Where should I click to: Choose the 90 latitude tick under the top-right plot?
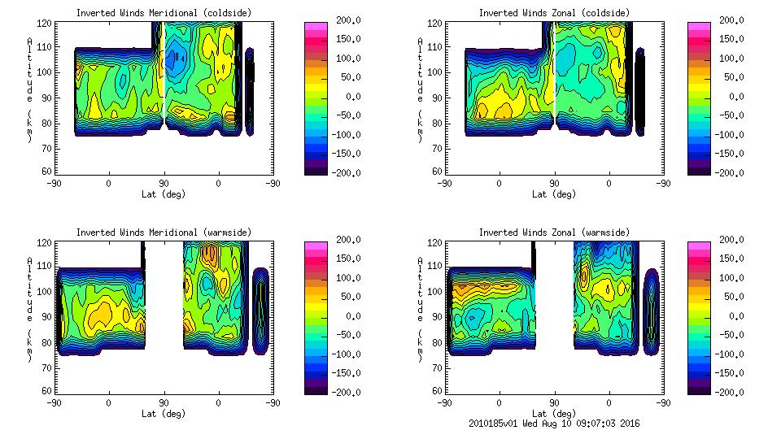click(554, 184)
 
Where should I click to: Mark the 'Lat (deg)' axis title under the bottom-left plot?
click(163, 414)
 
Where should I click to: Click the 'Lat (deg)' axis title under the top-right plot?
click(554, 194)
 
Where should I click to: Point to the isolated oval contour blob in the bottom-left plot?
click(260, 311)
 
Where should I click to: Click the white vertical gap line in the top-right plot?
click(553, 69)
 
